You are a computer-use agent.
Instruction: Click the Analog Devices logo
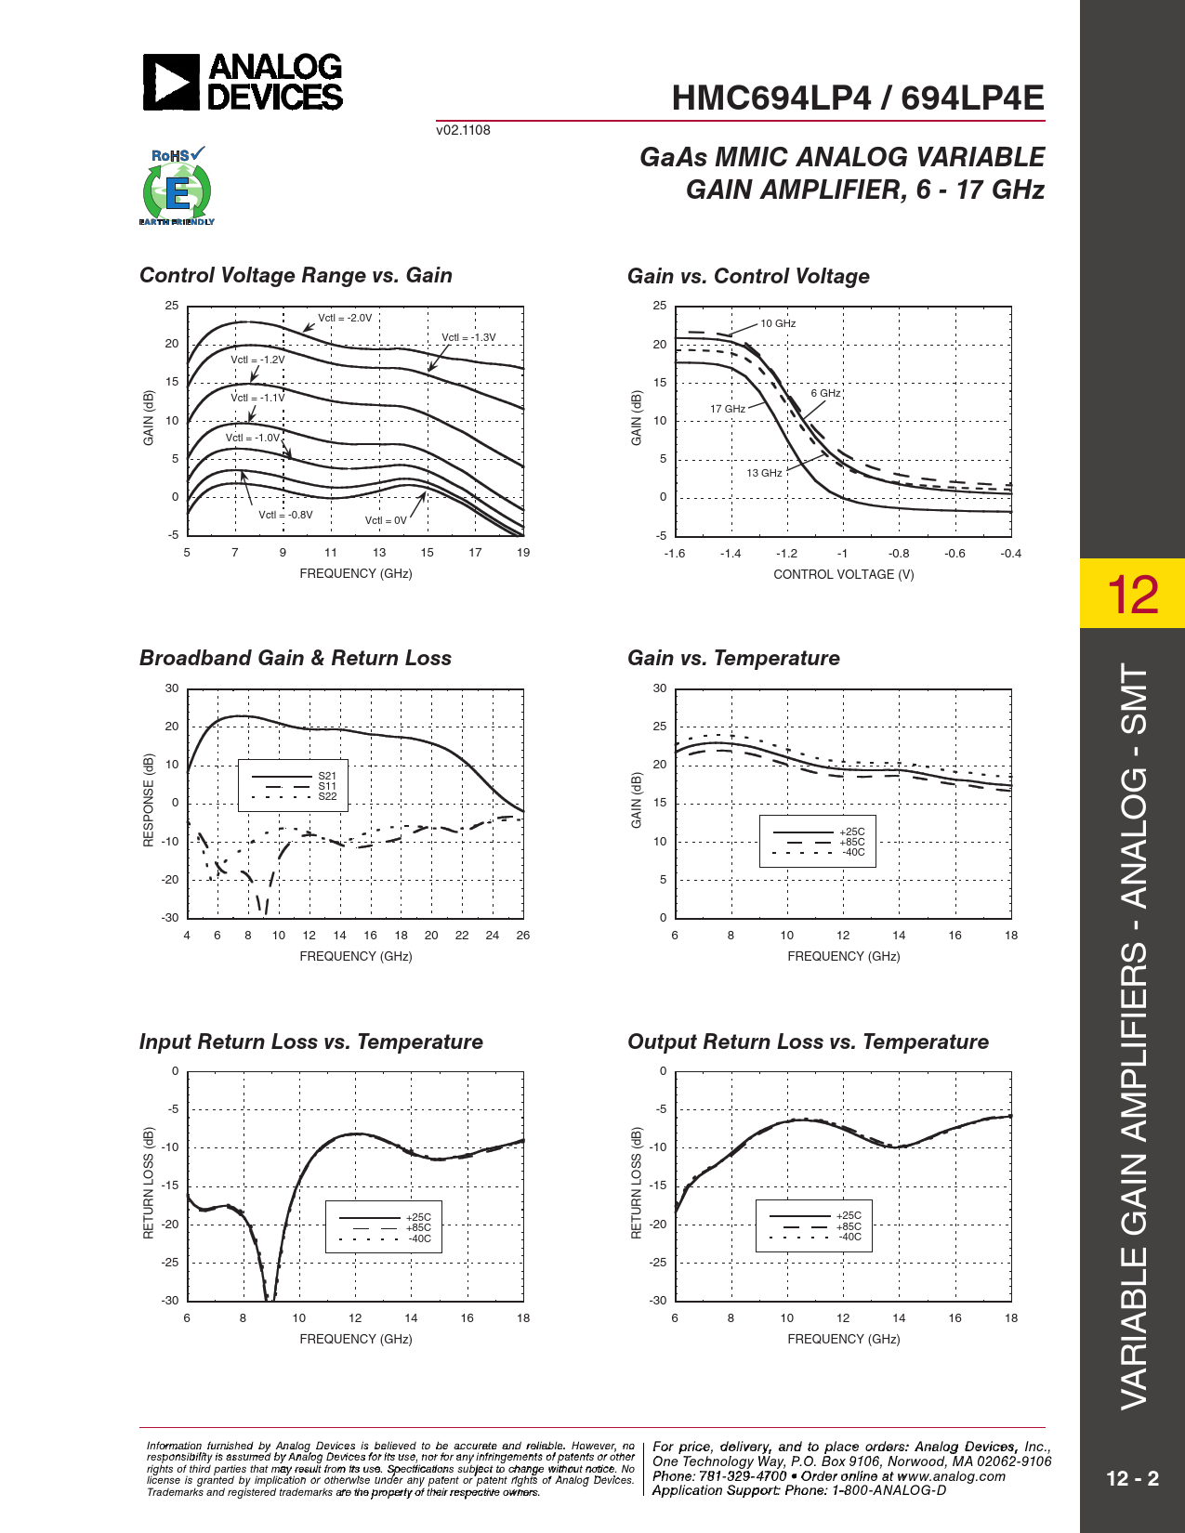243,82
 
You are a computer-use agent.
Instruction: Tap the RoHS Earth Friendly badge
177,187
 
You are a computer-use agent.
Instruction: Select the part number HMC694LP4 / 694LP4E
857,98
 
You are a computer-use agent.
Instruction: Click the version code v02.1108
463,130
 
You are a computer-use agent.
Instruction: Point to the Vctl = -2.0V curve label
345,318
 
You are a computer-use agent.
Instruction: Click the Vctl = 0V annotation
386,520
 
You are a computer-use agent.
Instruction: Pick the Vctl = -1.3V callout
468,337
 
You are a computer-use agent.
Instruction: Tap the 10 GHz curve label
778,323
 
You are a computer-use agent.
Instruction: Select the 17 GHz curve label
728,409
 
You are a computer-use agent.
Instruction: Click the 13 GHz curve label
764,473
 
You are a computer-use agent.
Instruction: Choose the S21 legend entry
327,776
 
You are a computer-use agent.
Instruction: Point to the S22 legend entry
327,796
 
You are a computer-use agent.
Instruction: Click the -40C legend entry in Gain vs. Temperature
852,852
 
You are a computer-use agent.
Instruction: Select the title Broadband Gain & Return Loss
296,658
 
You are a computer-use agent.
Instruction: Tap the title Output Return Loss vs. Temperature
808,1042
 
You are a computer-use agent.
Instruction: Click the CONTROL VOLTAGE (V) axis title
843,574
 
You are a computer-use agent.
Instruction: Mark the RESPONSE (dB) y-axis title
149,800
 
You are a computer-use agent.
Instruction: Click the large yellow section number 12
1133,595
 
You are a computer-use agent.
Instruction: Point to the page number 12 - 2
1132,1478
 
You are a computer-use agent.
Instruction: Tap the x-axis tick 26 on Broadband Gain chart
523,935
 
